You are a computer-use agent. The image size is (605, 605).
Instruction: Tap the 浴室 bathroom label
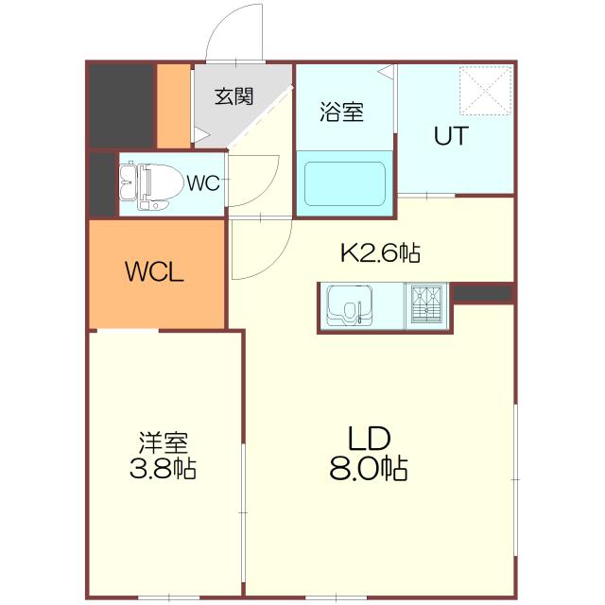point(341,112)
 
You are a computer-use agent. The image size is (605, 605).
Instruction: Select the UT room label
point(451,136)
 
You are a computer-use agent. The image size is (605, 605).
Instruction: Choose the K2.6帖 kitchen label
point(380,252)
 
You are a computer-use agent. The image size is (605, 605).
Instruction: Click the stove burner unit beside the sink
point(427,305)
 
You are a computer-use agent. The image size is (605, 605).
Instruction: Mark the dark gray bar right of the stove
point(481,294)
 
